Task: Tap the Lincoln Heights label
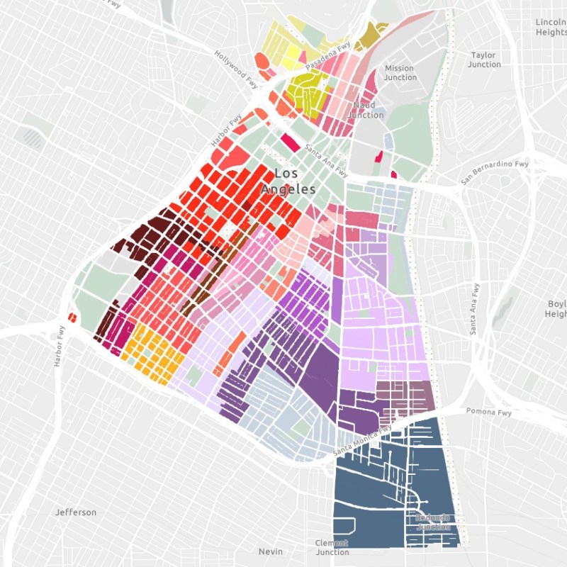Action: [x=552, y=27]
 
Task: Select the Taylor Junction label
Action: [x=484, y=60]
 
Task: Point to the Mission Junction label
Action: [x=400, y=73]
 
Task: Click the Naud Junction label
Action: [x=366, y=110]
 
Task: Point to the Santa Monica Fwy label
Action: [x=361, y=442]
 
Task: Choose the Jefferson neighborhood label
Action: [x=76, y=512]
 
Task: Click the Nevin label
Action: [x=270, y=551]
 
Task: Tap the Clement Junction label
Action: [x=332, y=547]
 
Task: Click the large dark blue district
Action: [x=383, y=496]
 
